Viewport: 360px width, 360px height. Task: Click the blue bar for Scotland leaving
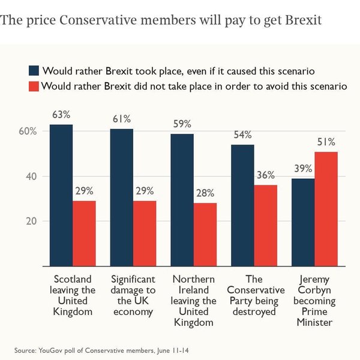pos(61,195)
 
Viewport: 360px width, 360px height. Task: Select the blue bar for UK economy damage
pos(122,197)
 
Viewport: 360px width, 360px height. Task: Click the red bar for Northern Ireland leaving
pos(205,235)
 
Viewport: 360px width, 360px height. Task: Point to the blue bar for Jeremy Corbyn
pos(303,222)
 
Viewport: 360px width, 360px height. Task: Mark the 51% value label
pos(326,142)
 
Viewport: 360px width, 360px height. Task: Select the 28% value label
pos(205,193)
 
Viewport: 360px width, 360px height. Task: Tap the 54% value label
pos(242,135)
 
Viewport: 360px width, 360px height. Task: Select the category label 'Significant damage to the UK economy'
pos(133,295)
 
